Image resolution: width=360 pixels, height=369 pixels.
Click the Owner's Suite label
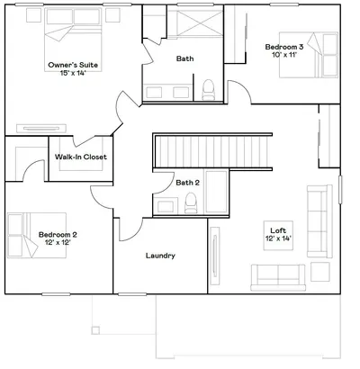click(x=73, y=65)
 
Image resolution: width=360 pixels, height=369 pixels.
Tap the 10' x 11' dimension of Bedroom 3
click(x=284, y=55)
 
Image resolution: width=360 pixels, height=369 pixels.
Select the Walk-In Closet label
click(x=81, y=157)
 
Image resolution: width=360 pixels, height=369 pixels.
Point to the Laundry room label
click(x=160, y=256)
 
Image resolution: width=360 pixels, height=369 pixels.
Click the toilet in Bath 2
click(x=191, y=202)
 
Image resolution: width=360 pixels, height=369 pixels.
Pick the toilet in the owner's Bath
click(x=208, y=89)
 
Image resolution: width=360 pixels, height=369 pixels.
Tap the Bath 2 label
click(x=187, y=183)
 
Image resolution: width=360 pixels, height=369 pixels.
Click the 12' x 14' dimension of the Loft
click(x=278, y=238)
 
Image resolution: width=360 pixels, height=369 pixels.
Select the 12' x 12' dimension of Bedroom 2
click(x=58, y=242)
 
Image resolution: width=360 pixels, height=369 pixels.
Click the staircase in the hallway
click(x=212, y=151)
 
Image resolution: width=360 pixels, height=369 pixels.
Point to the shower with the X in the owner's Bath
click(x=195, y=22)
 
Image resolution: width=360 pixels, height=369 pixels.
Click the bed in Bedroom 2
click(x=37, y=236)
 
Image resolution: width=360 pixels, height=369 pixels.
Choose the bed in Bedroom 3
click(x=309, y=55)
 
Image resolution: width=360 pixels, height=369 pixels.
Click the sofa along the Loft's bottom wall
click(x=278, y=277)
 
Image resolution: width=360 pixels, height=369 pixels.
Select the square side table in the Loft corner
click(x=320, y=272)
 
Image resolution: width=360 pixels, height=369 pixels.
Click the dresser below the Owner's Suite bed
click(x=41, y=129)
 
